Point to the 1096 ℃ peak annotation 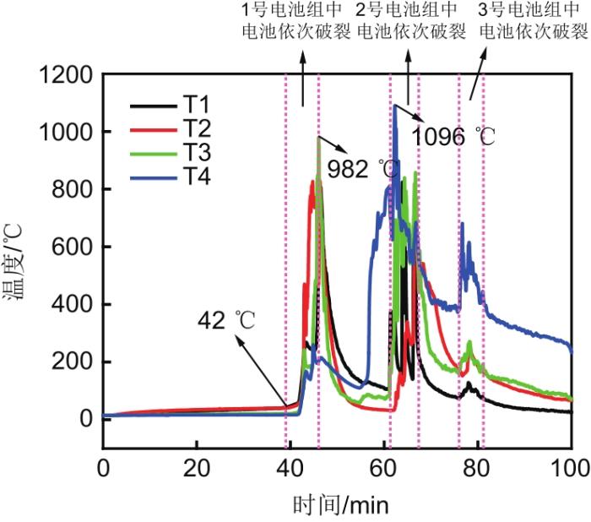click(x=453, y=135)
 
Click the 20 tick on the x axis click(x=196, y=466)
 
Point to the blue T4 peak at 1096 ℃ click(x=394, y=105)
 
